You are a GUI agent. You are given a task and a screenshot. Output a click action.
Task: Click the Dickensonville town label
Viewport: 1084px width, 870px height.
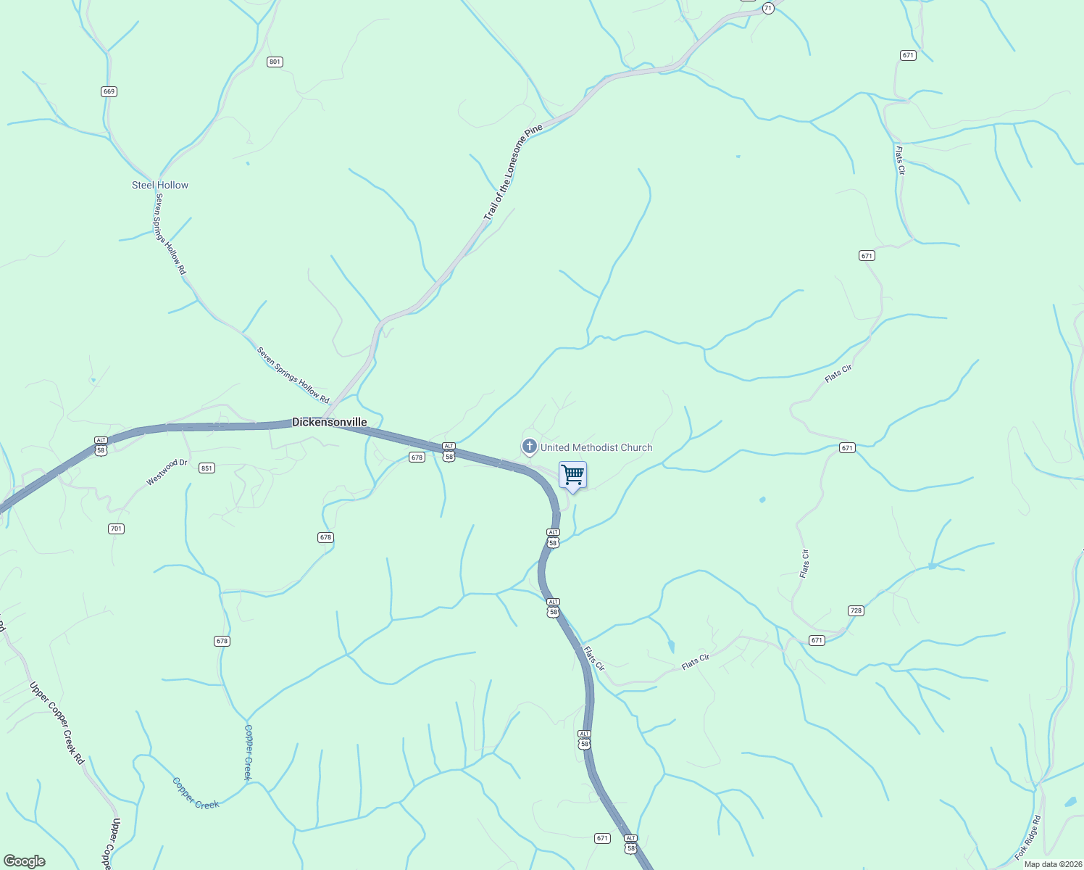329,422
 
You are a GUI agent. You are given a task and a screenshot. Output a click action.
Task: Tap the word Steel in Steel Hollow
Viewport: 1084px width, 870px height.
143,185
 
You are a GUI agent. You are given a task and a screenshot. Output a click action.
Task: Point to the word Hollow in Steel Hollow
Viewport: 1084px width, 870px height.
173,185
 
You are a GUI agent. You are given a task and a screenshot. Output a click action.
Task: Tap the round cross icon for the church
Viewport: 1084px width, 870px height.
530,447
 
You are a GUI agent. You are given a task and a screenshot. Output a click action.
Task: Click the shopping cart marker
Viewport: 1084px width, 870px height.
572,476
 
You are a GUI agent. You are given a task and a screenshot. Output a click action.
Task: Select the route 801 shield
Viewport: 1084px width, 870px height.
275,62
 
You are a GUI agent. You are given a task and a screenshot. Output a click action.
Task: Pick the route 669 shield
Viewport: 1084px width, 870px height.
109,91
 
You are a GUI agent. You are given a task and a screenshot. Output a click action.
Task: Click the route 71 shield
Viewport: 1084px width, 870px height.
768,8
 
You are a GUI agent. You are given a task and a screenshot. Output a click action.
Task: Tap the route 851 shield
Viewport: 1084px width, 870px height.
207,468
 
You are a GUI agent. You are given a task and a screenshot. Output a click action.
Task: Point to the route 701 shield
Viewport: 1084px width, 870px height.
116,529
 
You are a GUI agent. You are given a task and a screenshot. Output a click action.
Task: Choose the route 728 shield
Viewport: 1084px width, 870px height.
856,610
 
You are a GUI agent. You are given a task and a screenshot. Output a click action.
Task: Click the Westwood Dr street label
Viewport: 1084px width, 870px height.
167,472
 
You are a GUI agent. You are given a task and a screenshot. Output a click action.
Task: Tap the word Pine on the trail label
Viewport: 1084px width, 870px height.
534,132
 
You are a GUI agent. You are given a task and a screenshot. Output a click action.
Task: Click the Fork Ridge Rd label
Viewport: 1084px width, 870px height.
1028,838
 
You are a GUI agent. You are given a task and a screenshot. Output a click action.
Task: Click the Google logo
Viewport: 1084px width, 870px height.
25,861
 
